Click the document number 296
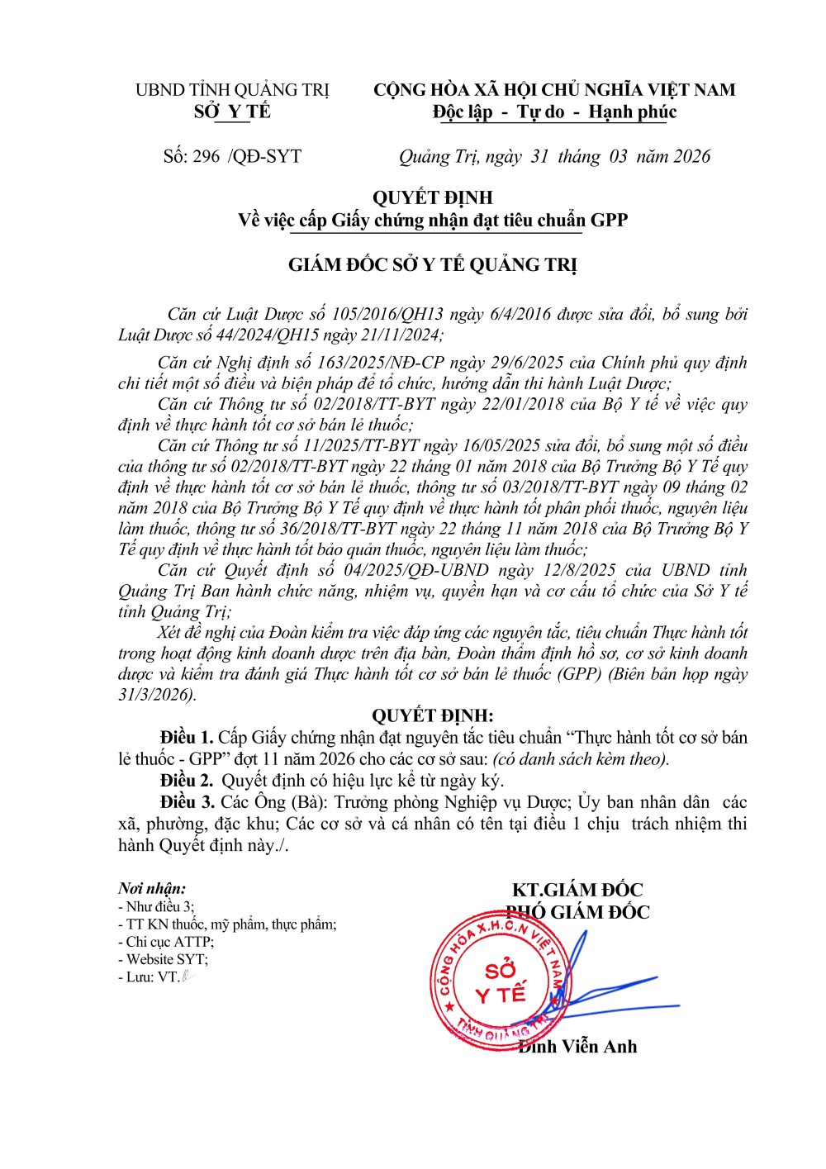pyautogui.click(x=206, y=156)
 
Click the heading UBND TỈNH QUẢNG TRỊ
pyautogui.click(x=232, y=90)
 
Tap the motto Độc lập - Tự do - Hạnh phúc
pyautogui.click(x=554, y=112)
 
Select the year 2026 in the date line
pyautogui.click(x=691, y=156)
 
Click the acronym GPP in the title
pyautogui.click(x=609, y=220)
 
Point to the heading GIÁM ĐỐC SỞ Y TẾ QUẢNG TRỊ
pyautogui.click(x=432, y=264)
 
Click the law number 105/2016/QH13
pyautogui.click(x=387, y=314)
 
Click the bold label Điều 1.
pyautogui.click(x=187, y=737)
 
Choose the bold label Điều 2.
pyautogui.click(x=187, y=780)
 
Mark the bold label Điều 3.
pyautogui.click(x=187, y=801)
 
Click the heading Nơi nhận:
pyautogui.click(x=152, y=888)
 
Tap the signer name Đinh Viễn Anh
pyautogui.click(x=577, y=1047)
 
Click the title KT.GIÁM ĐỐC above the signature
pyautogui.click(x=577, y=890)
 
